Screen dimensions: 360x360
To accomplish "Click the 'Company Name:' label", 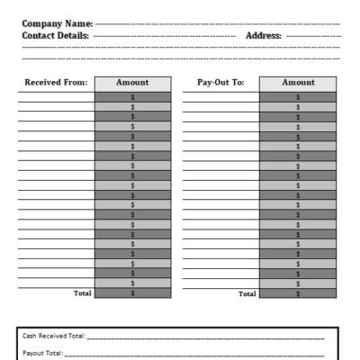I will click(x=57, y=23).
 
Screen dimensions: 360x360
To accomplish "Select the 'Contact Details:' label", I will click(x=55, y=35).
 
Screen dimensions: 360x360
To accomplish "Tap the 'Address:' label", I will click(x=264, y=35).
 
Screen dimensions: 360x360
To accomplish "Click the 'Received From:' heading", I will click(x=56, y=82).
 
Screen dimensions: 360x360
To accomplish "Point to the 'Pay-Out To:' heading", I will click(x=220, y=82).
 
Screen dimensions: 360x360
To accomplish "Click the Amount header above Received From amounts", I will click(x=132, y=82).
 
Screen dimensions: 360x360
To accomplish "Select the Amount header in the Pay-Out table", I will click(x=298, y=82).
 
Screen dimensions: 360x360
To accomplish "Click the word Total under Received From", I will click(x=82, y=293).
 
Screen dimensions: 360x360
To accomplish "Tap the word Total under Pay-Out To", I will click(x=247, y=293).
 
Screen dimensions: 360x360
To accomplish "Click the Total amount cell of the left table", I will click(x=132, y=293).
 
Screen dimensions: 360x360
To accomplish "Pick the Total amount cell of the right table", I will click(x=298, y=293).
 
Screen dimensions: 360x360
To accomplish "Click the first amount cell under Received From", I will click(x=132, y=96).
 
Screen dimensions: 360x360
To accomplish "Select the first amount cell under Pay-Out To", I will click(x=298, y=96).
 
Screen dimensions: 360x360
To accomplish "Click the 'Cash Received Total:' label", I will click(x=54, y=336).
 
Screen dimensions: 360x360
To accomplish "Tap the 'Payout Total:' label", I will click(x=43, y=354).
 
